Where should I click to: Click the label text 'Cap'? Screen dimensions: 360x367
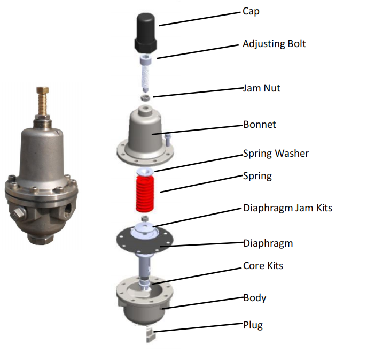click(x=251, y=11)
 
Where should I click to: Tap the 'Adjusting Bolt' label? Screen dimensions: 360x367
click(x=274, y=44)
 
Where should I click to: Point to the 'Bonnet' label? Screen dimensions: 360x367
click(x=259, y=125)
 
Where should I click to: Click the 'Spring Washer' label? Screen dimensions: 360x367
click(x=276, y=154)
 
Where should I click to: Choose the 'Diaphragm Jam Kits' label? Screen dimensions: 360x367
click(x=287, y=208)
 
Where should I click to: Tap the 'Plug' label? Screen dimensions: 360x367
click(x=253, y=325)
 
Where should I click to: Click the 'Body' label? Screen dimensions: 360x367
click(x=254, y=297)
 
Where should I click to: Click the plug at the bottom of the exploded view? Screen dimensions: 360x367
click(x=149, y=335)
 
